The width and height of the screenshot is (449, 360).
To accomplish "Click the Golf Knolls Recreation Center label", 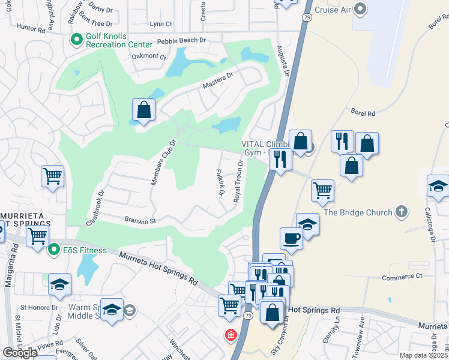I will tap(115, 40).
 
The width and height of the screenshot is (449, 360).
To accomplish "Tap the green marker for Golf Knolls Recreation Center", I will tap(76, 40).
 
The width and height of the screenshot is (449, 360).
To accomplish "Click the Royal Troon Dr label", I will tap(239, 181).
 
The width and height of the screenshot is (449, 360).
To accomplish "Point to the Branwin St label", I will tap(140, 221).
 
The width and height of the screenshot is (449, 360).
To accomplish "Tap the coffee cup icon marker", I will tap(292, 238).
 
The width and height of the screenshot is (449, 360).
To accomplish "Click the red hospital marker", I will tap(231, 335).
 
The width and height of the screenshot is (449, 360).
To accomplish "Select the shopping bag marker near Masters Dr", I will tap(144, 110).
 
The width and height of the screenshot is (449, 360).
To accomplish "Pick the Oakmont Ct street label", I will tap(149, 56).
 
